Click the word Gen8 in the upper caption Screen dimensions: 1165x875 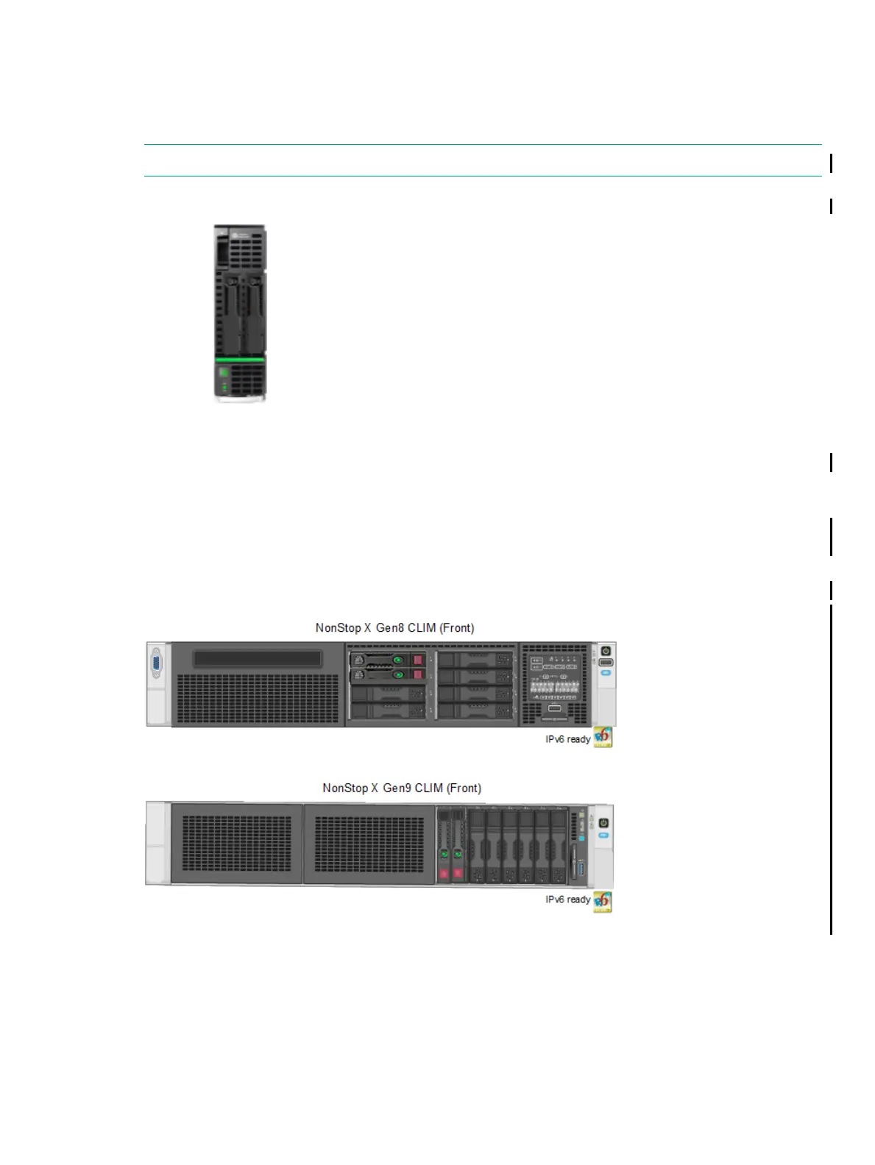point(390,628)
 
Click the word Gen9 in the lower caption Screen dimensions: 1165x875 point(397,788)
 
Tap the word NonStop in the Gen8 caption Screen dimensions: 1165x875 point(338,628)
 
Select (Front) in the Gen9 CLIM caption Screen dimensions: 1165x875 point(464,788)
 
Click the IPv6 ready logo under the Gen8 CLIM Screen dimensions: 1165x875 point(603,737)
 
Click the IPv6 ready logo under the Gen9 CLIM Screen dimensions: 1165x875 point(603,901)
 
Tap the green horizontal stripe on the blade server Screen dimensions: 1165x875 point(240,359)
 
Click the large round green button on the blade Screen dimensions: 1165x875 point(224,372)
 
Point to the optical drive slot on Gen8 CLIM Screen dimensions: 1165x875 point(258,658)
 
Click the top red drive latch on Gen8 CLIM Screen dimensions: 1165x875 point(418,660)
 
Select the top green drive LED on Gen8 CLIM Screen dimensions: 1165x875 point(398,660)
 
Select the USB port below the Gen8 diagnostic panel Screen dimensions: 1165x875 point(555,708)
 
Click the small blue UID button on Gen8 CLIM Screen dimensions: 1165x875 point(606,672)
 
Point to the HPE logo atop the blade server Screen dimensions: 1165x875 point(238,235)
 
